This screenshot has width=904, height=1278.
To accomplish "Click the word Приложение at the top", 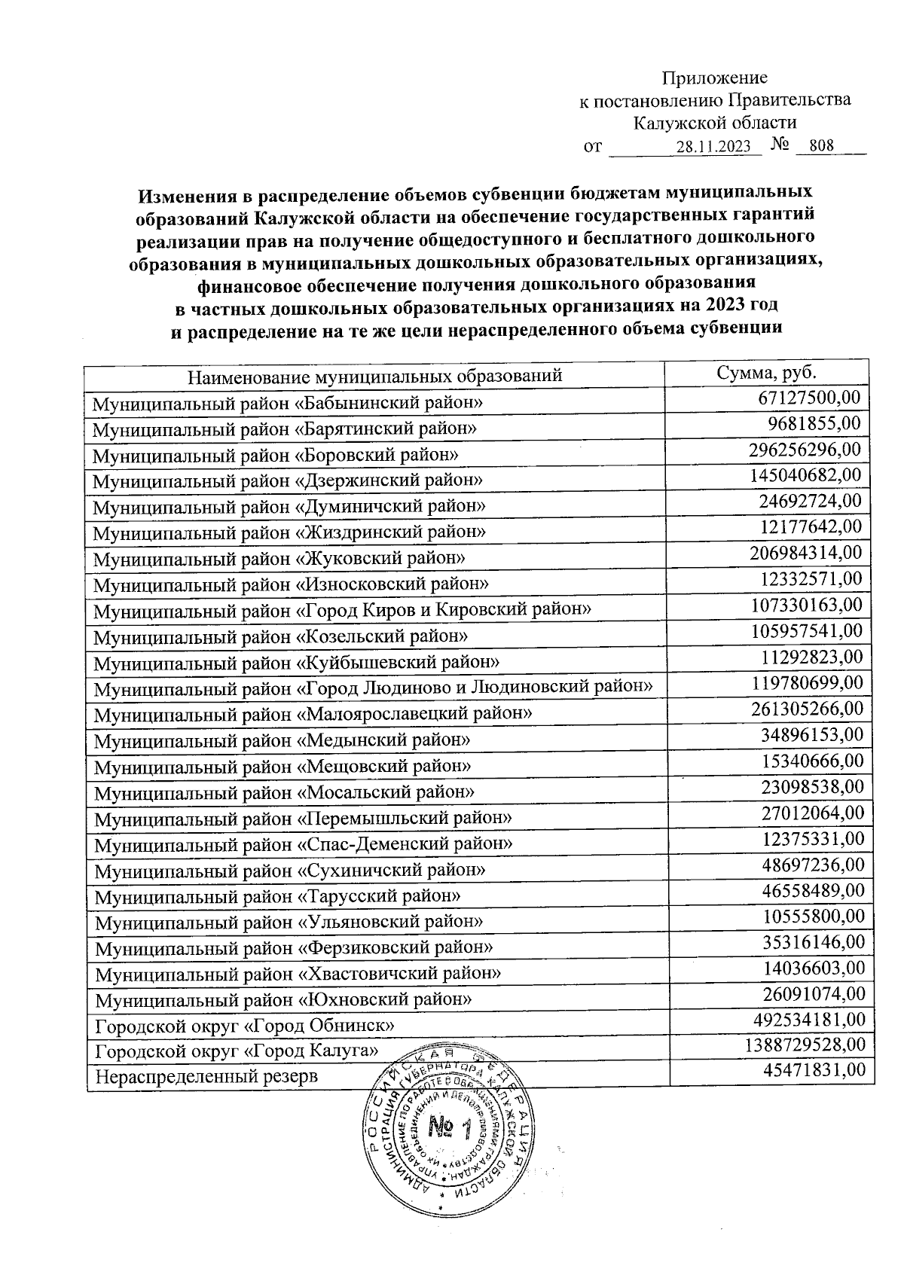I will pos(714,78).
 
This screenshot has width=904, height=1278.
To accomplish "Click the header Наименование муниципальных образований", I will pos(375,375).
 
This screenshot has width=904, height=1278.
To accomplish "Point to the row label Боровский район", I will pos(276,455).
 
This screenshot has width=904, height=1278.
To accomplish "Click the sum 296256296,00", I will pos(805,450).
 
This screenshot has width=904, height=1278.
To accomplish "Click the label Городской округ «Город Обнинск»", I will pos(245,1026).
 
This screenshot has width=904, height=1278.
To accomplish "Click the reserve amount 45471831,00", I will pos(812,1070).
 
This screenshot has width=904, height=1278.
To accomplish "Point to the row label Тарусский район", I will pos(278,896).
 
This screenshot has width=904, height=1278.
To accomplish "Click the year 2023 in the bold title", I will pos(733,306).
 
